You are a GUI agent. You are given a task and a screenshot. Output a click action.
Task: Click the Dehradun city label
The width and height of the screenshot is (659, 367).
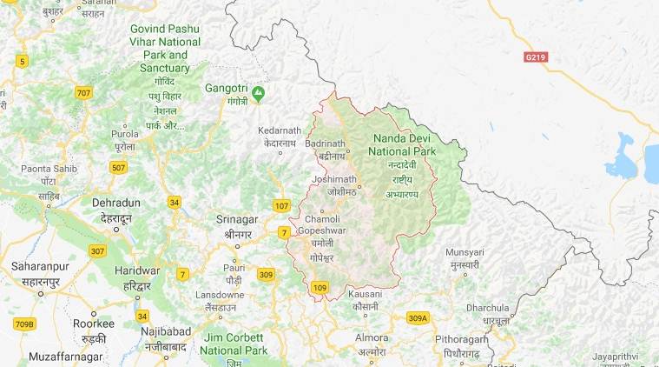(116, 202)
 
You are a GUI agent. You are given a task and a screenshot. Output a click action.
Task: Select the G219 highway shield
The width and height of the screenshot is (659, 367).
(537, 57)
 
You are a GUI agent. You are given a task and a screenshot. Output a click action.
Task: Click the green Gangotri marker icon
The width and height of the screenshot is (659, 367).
(258, 90)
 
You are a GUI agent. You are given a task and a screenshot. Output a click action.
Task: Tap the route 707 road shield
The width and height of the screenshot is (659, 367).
(83, 93)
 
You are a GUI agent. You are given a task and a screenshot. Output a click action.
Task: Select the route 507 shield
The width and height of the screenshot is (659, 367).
(121, 166)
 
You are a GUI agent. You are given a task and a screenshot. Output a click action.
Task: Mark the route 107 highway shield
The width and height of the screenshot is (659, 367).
(280, 206)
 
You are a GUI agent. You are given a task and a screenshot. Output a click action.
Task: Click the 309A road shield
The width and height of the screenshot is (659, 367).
(418, 318)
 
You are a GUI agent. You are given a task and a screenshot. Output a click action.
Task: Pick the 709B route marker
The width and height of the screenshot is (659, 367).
(24, 324)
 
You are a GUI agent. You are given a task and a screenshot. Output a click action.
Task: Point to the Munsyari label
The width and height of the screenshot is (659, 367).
(464, 251)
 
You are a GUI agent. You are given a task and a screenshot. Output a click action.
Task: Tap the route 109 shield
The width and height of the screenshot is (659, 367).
(320, 288)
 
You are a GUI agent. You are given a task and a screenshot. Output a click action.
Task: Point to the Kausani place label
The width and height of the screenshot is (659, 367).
(365, 295)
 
